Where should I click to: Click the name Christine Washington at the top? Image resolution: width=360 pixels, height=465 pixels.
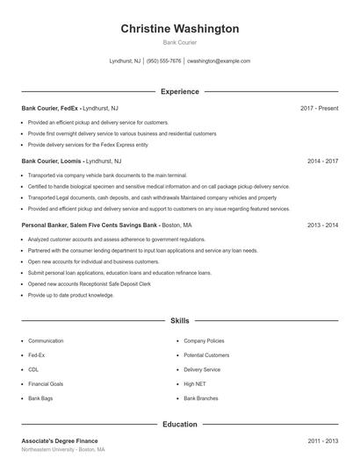click(180, 29)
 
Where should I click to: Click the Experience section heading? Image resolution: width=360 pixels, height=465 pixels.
click(180, 91)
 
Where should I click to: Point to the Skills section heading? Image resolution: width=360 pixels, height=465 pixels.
click(180, 321)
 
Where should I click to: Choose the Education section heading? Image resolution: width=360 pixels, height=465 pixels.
click(180, 425)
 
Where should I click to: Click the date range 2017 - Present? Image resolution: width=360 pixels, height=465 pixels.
click(319, 108)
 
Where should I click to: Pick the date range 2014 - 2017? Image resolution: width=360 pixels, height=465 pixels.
click(323, 161)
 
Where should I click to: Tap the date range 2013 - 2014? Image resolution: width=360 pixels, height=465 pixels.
click(323, 225)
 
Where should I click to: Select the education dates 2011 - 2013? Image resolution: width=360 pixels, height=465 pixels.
click(323, 440)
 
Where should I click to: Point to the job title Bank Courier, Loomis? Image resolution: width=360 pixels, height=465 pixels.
click(52, 161)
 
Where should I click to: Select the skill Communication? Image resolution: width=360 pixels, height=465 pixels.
click(46, 340)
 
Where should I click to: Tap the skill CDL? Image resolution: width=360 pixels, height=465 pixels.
click(34, 369)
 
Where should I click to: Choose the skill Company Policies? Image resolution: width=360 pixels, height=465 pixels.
click(204, 340)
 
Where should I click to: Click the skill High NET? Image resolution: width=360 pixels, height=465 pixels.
click(194, 384)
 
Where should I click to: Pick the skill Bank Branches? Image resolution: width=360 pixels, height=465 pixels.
click(201, 398)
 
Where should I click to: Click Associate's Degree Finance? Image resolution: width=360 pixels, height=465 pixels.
click(60, 440)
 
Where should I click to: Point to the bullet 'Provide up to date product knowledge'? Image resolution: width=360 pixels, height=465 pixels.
click(71, 296)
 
